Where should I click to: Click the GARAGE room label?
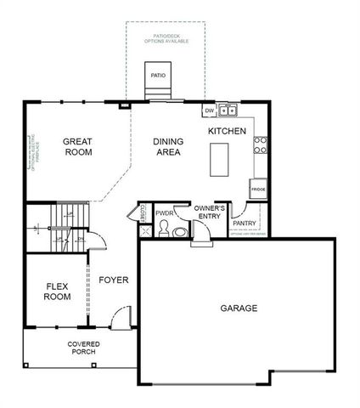[x=239, y=308]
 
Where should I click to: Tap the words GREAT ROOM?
[x=77, y=146]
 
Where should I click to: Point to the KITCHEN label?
[x=227, y=131]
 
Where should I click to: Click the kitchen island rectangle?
[x=221, y=159]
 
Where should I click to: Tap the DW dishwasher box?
[x=209, y=110]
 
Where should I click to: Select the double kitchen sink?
[x=228, y=110]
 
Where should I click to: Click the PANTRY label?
[x=245, y=224]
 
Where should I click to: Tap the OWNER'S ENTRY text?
[x=209, y=212]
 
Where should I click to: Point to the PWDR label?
[x=165, y=214]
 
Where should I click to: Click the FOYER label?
[x=114, y=279]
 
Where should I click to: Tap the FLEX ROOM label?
[x=57, y=292]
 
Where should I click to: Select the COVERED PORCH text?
[x=82, y=348]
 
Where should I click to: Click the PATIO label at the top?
[x=158, y=75]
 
